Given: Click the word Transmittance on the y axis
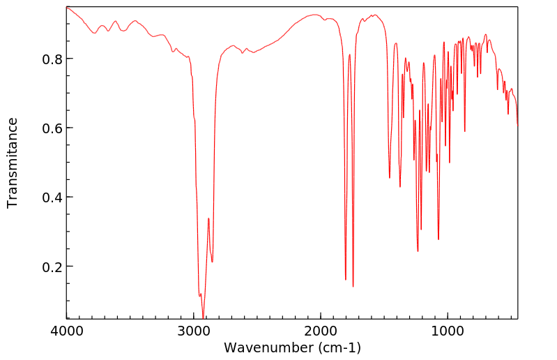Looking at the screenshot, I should tap(13, 163).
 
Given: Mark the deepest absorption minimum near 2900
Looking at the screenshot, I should tap(204, 317).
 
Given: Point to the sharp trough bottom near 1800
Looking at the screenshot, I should tap(346, 280).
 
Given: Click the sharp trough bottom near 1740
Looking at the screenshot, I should tap(353, 286).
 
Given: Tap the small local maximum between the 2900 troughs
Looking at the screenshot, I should tap(208, 218).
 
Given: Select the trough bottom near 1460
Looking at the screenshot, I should tap(390, 178).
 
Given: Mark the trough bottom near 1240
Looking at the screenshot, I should tap(418, 251).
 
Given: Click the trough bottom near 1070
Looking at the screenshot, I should tap(438, 239).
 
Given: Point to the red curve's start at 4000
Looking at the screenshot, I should tap(68, 8).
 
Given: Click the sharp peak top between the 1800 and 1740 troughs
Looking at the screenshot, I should tap(350, 54).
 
